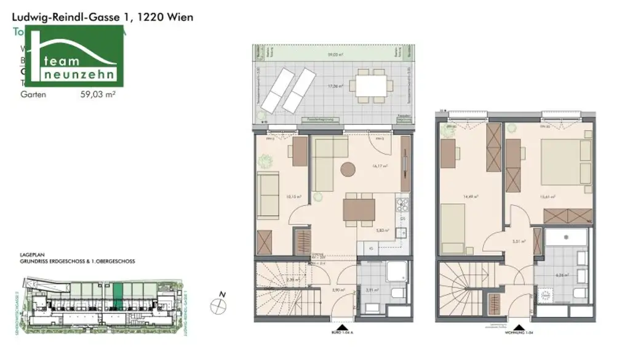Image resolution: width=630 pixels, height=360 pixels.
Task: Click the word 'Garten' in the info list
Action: [33, 95]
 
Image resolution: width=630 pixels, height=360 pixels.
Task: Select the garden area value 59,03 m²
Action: [98, 95]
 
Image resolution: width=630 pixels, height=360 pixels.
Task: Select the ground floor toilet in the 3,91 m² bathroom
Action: [396, 292]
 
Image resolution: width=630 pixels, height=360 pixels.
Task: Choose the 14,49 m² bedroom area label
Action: [472, 198]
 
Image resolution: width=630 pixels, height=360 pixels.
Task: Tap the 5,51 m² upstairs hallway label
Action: [519, 242]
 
